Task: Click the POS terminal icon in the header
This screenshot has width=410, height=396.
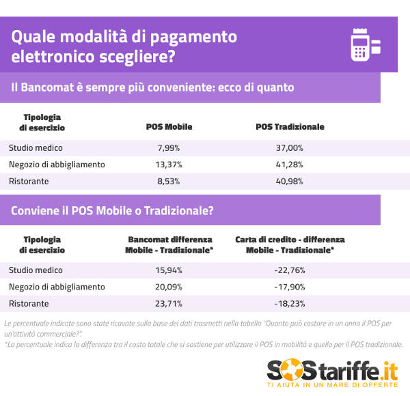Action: coord(365,44)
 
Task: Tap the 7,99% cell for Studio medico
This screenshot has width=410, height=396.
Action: coord(169,147)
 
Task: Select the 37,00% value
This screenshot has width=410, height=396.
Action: coord(290,147)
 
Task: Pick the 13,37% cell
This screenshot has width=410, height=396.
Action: coord(169,165)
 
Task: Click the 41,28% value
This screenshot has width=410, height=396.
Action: coord(290,165)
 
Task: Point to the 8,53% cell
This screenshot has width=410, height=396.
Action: coord(169,182)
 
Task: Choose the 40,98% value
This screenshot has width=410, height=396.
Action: coord(290,182)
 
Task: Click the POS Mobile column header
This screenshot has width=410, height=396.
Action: coord(169,127)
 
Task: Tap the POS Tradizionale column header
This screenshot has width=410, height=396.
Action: coord(290,127)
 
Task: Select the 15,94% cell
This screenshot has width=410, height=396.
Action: coord(169,270)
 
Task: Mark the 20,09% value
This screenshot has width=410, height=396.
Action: coord(169,287)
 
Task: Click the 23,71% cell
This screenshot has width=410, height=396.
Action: coord(169,304)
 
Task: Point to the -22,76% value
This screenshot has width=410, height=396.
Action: coord(290,270)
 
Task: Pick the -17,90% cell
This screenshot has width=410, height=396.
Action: coord(290,287)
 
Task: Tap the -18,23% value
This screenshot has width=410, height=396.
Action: coord(290,304)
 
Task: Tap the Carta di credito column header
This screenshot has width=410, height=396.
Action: coord(290,245)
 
